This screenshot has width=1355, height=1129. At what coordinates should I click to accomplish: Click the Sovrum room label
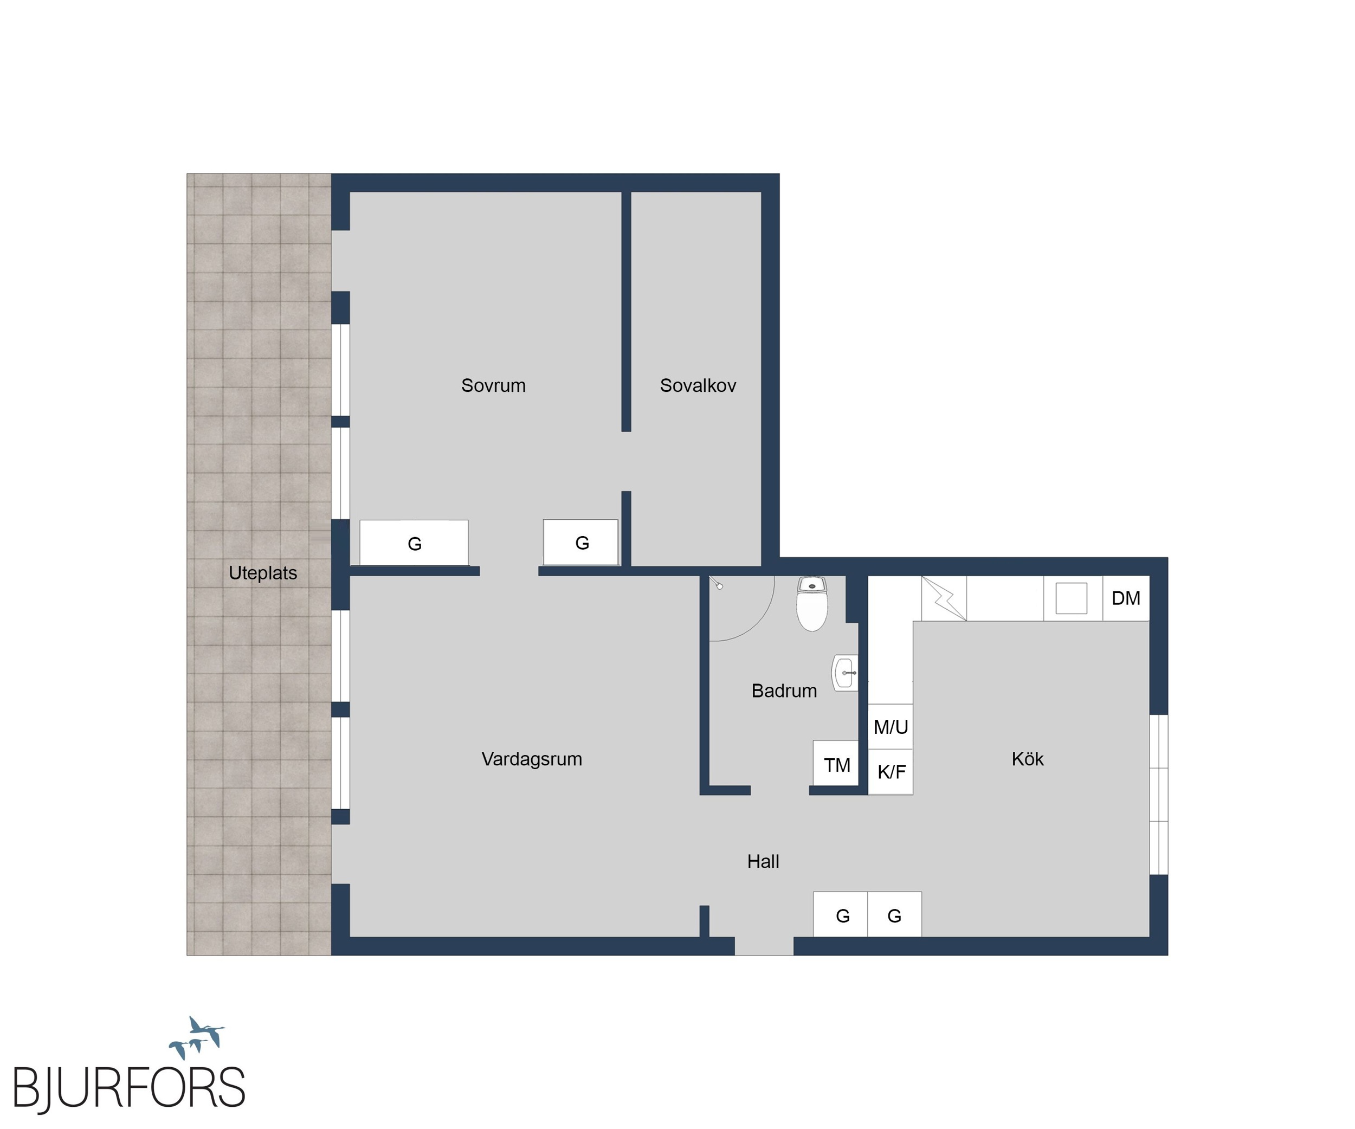pyautogui.click(x=493, y=386)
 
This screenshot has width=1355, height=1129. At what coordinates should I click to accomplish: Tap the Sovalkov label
pyautogui.click(x=698, y=386)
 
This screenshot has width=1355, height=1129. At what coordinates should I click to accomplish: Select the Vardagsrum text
pyautogui.click(x=532, y=759)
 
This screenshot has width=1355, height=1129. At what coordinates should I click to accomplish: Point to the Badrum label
pyautogui.click(x=784, y=691)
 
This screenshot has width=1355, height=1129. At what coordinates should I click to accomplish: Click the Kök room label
pyautogui.click(x=1027, y=759)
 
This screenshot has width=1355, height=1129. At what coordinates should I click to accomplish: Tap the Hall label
pyautogui.click(x=763, y=861)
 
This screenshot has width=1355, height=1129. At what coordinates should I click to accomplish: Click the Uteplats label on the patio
pyautogui.click(x=263, y=573)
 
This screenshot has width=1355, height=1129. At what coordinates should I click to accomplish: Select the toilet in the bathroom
pyautogui.click(x=812, y=604)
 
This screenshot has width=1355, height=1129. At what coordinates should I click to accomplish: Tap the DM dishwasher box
pyautogui.click(x=1126, y=598)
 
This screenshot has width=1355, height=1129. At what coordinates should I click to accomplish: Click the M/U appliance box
pyautogui.click(x=891, y=726)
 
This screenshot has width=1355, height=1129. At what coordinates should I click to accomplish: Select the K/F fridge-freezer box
pyautogui.click(x=891, y=772)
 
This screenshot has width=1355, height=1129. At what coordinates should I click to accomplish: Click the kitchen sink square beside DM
pyautogui.click(x=1071, y=598)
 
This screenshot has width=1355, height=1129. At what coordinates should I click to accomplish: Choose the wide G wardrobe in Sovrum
pyautogui.click(x=414, y=543)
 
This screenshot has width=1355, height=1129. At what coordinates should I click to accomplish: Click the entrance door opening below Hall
pyautogui.click(x=764, y=946)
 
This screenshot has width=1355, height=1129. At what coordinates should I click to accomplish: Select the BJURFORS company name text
pyautogui.click(x=129, y=1088)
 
